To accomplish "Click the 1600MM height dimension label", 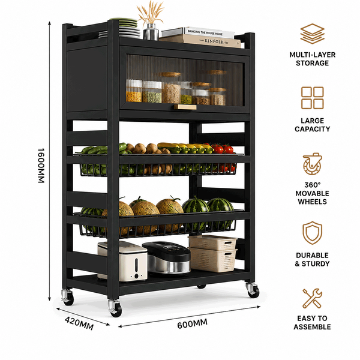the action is click(41, 166).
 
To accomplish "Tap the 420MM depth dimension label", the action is click(79, 323).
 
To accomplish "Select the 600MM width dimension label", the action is click(193, 324).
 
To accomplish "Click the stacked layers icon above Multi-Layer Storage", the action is click(312, 34).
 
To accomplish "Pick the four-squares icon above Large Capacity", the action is click(312, 98).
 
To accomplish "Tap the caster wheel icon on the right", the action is click(312, 164).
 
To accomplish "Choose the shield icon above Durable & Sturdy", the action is click(312, 233).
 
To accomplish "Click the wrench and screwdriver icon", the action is click(312, 298).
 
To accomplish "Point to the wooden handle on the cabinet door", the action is click(185, 107).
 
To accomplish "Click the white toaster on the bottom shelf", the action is click(122, 261).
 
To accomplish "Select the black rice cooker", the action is click(167, 257).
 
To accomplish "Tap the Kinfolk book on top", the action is click(200, 41).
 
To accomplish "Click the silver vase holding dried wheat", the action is click(151, 32).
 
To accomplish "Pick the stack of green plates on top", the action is click(125, 28).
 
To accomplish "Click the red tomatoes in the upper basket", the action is click(223, 149).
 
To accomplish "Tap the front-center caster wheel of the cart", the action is click(115, 308).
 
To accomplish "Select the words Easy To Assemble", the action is click(312, 323).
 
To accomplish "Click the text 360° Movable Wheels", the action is click(312, 193).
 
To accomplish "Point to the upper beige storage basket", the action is click(212, 242).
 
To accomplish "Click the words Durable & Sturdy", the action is click(312, 259).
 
